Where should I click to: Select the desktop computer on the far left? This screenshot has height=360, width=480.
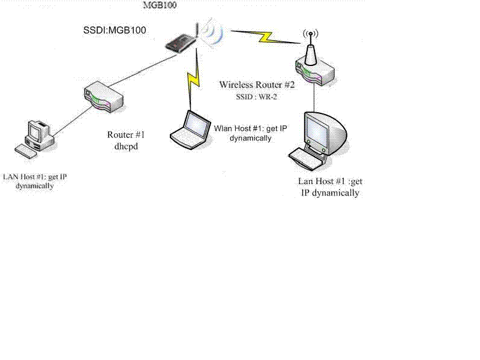click(40, 131)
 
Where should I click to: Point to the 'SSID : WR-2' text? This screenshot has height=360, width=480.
click(257, 96)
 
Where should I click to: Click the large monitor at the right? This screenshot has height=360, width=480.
click(323, 129)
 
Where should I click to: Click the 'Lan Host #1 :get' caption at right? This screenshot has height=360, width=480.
click(331, 181)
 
